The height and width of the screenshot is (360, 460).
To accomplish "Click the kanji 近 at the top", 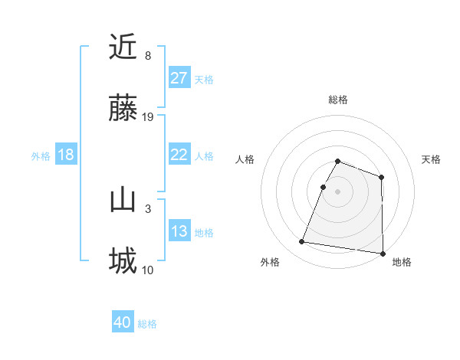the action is pyautogui.click(x=123, y=47).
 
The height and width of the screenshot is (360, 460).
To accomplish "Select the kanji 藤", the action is pyautogui.click(x=123, y=108).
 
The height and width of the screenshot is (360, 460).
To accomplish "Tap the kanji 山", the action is pyautogui.click(x=123, y=201).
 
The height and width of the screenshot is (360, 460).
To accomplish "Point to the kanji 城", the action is pyautogui.click(x=123, y=261).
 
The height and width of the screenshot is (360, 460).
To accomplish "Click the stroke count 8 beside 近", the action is pyautogui.click(x=148, y=56).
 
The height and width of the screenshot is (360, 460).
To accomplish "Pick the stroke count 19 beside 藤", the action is pyautogui.click(x=149, y=116).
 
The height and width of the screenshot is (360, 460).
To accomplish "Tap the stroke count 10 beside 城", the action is pyautogui.click(x=149, y=270).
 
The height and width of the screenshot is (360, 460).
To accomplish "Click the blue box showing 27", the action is pyautogui.click(x=179, y=78).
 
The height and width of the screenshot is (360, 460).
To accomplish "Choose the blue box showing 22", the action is pyautogui.click(x=179, y=155).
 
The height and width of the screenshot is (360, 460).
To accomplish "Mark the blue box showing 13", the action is pyautogui.click(x=179, y=231).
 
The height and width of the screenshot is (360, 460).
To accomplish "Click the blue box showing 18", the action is pyautogui.click(x=66, y=155).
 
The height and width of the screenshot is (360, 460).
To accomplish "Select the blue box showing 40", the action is pyautogui.click(x=123, y=322).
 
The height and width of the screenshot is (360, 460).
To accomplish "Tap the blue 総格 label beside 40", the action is pyautogui.click(x=148, y=324).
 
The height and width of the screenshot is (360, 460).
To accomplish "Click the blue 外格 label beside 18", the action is pyautogui.click(x=41, y=156).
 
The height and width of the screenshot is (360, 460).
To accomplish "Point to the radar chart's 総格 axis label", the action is pyautogui.click(x=337, y=100).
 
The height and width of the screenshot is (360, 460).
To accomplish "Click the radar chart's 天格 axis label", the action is pyautogui.click(x=431, y=159).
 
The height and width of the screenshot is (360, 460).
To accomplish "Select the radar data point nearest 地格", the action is pyautogui.click(x=383, y=254).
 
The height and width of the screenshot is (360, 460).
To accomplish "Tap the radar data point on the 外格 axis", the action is pyautogui.click(x=302, y=242).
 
